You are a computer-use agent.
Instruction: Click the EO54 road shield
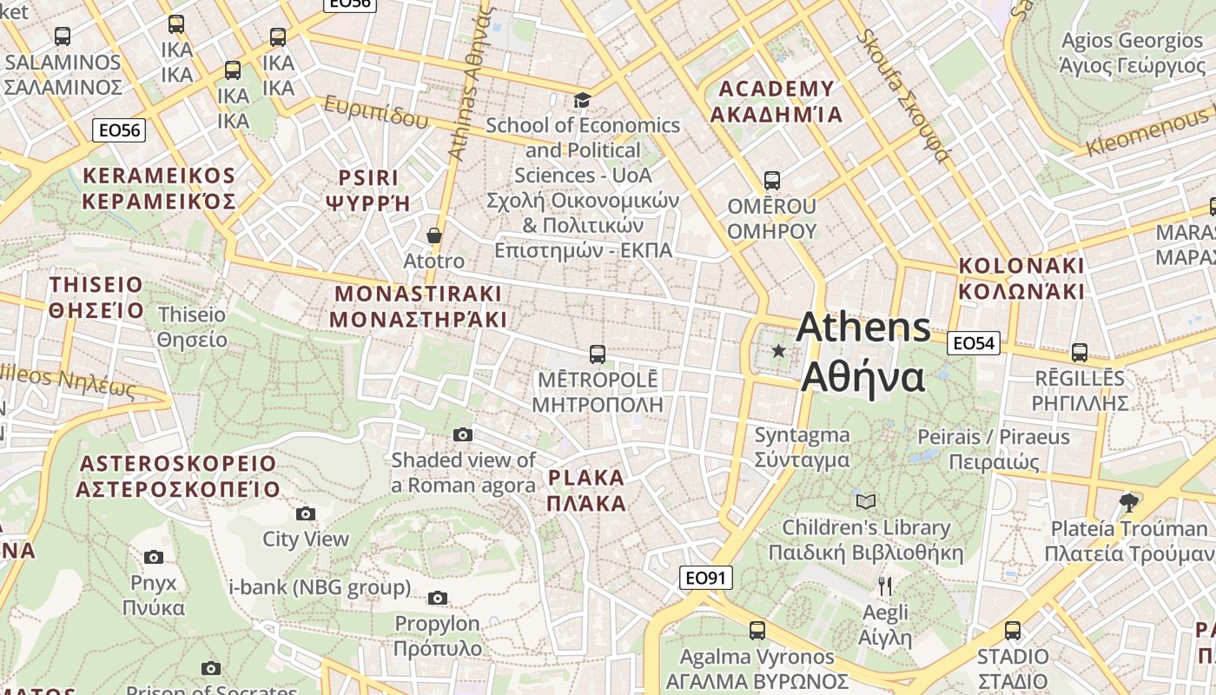tap(973, 343)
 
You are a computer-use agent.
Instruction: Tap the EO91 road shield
tap(705, 578)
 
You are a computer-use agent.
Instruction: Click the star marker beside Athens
tap(779, 351)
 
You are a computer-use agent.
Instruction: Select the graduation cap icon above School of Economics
tap(581, 101)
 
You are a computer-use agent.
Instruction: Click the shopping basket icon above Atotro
tap(434, 235)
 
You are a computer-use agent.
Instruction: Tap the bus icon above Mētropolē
tap(598, 354)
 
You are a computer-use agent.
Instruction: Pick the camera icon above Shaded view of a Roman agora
tap(463, 434)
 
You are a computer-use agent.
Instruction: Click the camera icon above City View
tap(306, 514)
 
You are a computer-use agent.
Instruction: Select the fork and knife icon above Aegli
tap(885, 586)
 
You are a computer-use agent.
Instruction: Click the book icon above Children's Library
tap(866, 501)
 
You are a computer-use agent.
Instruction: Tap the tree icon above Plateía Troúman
tap(1128, 502)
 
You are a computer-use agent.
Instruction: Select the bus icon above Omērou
tap(771, 181)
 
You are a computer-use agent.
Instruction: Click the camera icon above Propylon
tap(438, 598)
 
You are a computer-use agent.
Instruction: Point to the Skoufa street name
tap(902, 96)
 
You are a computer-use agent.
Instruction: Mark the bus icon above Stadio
tap(1013, 631)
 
